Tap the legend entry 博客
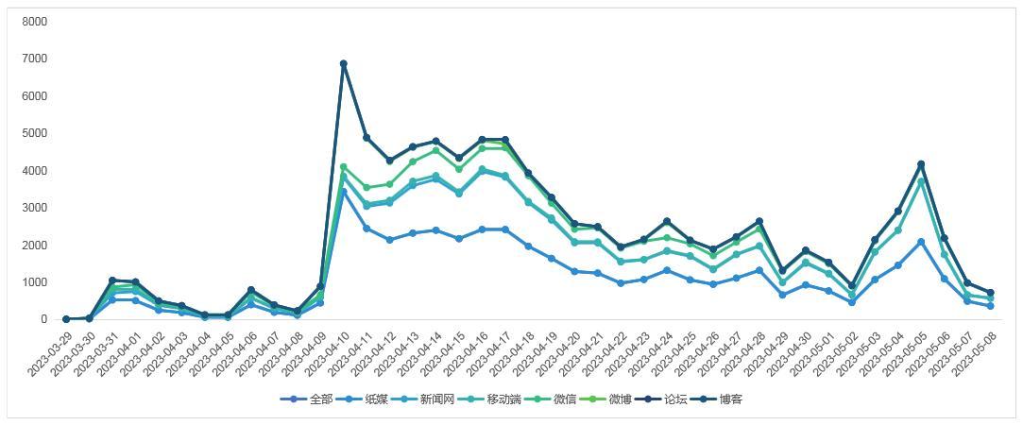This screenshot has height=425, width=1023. (730, 399)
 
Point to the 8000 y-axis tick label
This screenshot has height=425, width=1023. (33, 22)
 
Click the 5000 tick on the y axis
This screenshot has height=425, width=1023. (33, 133)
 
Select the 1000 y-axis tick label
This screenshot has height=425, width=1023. (33, 282)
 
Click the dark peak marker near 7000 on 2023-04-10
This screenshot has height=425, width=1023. (344, 64)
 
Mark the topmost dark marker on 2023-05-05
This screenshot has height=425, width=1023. (921, 164)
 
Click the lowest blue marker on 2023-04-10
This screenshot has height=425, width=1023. (344, 192)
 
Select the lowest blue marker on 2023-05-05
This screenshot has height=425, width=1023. (921, 243)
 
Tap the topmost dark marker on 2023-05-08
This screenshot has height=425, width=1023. (990, 293)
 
